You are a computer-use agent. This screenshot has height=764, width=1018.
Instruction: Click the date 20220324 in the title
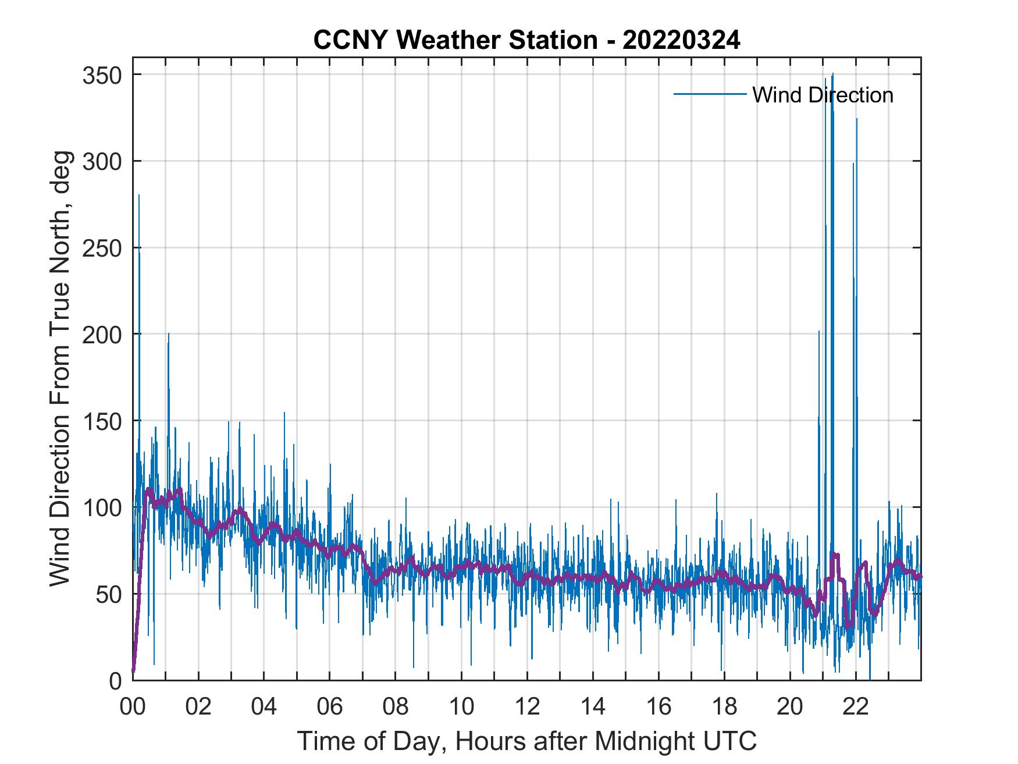(681, 40)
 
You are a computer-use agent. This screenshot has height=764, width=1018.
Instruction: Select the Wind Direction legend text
(823, 95)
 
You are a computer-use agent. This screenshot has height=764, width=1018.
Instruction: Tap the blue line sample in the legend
(710, 94)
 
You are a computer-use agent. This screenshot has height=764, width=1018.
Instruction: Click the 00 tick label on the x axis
(133, 708)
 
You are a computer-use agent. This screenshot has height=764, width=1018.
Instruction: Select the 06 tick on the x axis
(330, 708)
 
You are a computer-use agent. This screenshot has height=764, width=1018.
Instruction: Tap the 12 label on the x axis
(527, 708)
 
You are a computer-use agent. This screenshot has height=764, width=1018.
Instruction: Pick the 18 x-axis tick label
(724, 708)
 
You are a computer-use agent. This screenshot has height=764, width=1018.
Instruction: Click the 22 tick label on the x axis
(856, 708)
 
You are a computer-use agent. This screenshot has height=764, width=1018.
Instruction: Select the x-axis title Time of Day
(527, 741)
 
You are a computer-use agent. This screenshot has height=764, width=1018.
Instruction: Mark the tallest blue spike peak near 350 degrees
(833, 74)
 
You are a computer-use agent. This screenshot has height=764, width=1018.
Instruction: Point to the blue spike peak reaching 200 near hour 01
(169, 334)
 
